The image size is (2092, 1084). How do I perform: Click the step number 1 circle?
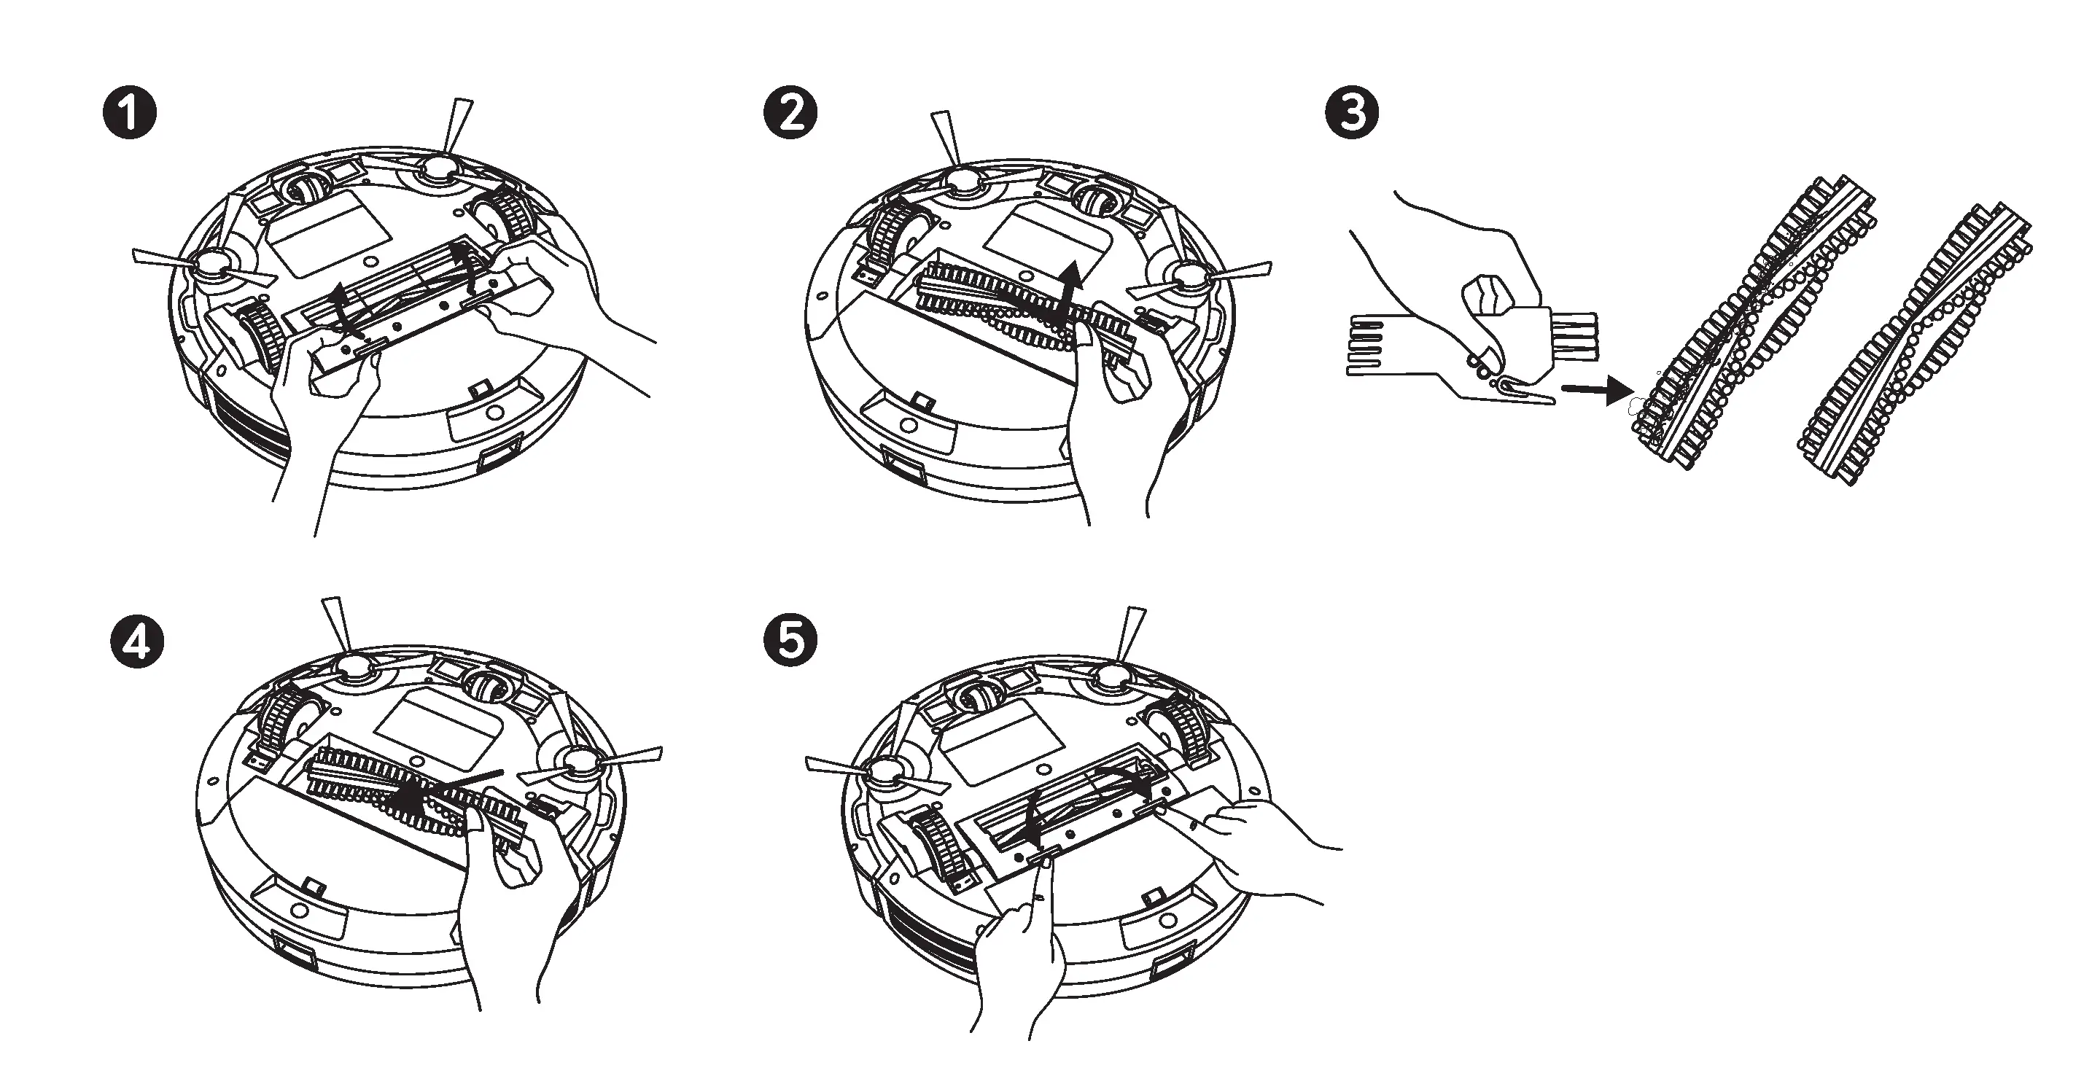tap(129, 114)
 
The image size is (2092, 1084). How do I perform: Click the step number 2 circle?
tap(790, 114)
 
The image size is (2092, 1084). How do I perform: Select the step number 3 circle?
tap(1351, 114)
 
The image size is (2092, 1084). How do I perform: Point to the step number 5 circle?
tap(790, 641)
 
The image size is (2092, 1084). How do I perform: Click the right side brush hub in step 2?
tap(1188, 277)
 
